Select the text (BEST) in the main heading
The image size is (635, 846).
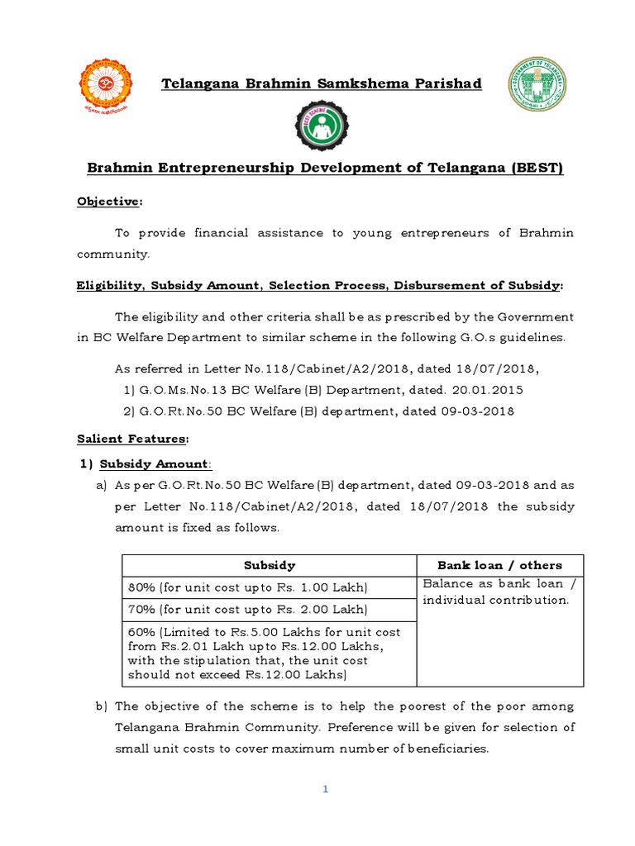click(x=536, y=169)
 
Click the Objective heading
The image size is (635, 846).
click(x=108, y=202)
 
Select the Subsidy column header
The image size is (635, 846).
click(x=269, y=566)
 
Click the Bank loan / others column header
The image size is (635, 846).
click(x=499, y=566)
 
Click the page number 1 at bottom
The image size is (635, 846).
click(x=326, y=790)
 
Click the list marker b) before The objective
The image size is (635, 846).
click(x=102, y=706)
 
